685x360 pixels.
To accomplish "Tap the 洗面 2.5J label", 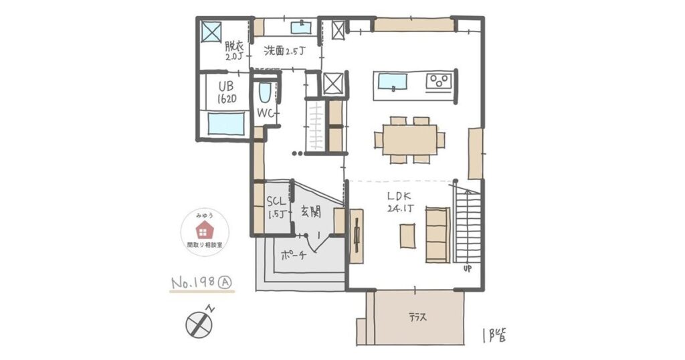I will pyautogui.click(x=285, y=50).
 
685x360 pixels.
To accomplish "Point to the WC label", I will pyautogui.click(x=267, y=114).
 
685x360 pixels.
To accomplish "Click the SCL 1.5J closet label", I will pyautogui.click(x=276, y=207).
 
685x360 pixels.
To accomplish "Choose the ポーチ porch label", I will pyautogui.click(x=294, y=255).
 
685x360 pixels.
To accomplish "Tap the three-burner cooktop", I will pyautogui.click(x=439, y=82).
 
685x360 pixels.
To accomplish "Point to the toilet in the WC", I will pyautogui.click(x=264, y=93).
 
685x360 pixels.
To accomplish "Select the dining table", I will pyautogui.click(x=410, y=140).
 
